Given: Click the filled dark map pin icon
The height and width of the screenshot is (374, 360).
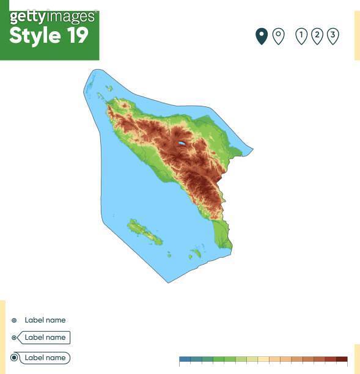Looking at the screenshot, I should point(262,36).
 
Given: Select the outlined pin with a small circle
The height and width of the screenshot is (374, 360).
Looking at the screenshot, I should point(278,36).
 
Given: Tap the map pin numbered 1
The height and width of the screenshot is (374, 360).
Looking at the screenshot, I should point(301,36).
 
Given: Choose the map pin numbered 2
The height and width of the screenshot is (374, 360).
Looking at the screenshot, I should point(317,36).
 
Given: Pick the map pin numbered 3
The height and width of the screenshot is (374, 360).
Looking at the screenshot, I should point(332,36).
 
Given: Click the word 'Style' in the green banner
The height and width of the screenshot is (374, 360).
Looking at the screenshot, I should point(35,35).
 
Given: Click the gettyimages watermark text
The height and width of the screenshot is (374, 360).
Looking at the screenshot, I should point(53,16).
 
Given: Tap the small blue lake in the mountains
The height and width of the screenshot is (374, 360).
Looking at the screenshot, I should point(182,144).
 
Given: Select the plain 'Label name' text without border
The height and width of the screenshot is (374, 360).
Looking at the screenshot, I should point(45,320).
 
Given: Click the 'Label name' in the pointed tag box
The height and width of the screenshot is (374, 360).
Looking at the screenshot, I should point(45,337).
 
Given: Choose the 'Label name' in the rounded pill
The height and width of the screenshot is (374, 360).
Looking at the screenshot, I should point(45,358).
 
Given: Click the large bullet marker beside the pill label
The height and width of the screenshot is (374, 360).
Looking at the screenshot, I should point(14,358).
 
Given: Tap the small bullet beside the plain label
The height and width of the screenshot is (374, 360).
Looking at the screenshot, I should point(14,320).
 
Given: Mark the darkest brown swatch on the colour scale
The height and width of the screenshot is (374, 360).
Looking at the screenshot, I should point(342,360).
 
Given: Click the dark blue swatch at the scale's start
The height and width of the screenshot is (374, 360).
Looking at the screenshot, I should point(185,360).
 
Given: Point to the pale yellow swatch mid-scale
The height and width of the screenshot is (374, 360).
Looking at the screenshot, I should point(263,360).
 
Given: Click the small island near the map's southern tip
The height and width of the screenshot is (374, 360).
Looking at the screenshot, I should point(196,252).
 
